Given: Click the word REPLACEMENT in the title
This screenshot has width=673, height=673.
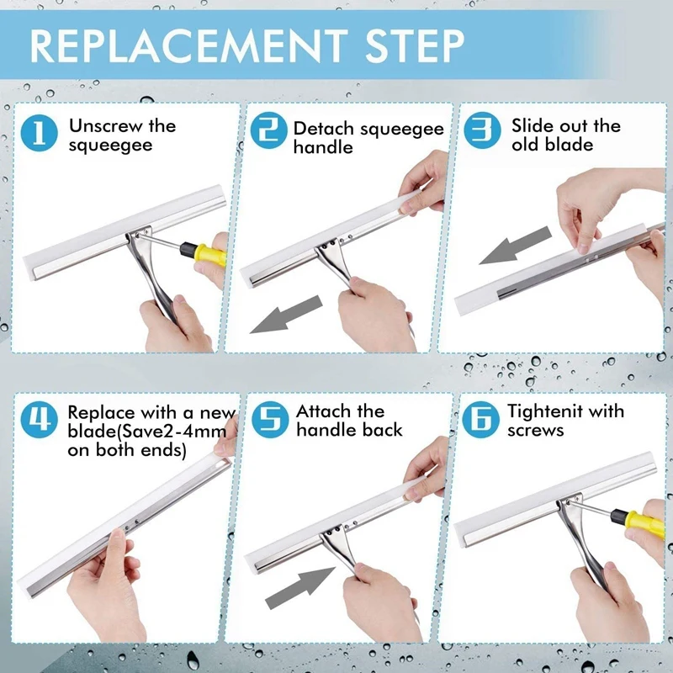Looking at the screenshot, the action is pyautogui.click(x=188, y=46).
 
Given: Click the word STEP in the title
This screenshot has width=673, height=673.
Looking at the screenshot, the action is pyautogui.click(x=415, y=46).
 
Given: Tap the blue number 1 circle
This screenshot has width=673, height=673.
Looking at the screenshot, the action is pyautogui.click(x=39, y=133).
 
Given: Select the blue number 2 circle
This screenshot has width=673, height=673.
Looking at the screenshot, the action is pyautogui.click(x=268, y=130).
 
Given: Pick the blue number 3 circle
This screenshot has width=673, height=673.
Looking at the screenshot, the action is pyautogui.click(x=482, y=130).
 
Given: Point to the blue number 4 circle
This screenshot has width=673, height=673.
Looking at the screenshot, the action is pyautogui.click(x=39, y=420).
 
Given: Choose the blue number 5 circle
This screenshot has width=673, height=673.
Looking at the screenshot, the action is pyautogui.click(x=270, y=420).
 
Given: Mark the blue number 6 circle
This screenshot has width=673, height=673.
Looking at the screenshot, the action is pyautogui.click(x=480, y=420).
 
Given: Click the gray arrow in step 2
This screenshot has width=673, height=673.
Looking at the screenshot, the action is pyautogui.click(x=286, y=315).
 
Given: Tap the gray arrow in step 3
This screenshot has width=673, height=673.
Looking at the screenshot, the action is pyautogui.click(x=515, y=245).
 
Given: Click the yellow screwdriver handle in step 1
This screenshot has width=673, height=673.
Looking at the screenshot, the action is pyautogui.click(x=209, y=254).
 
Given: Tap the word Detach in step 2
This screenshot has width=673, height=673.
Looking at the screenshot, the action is pyautogui.click(x=323, y=129).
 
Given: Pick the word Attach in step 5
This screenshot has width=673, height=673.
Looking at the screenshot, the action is pyautogui.click(x=322, y=411).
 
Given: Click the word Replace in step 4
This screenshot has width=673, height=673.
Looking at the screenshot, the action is pyautogui.click(x=101, y=413).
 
